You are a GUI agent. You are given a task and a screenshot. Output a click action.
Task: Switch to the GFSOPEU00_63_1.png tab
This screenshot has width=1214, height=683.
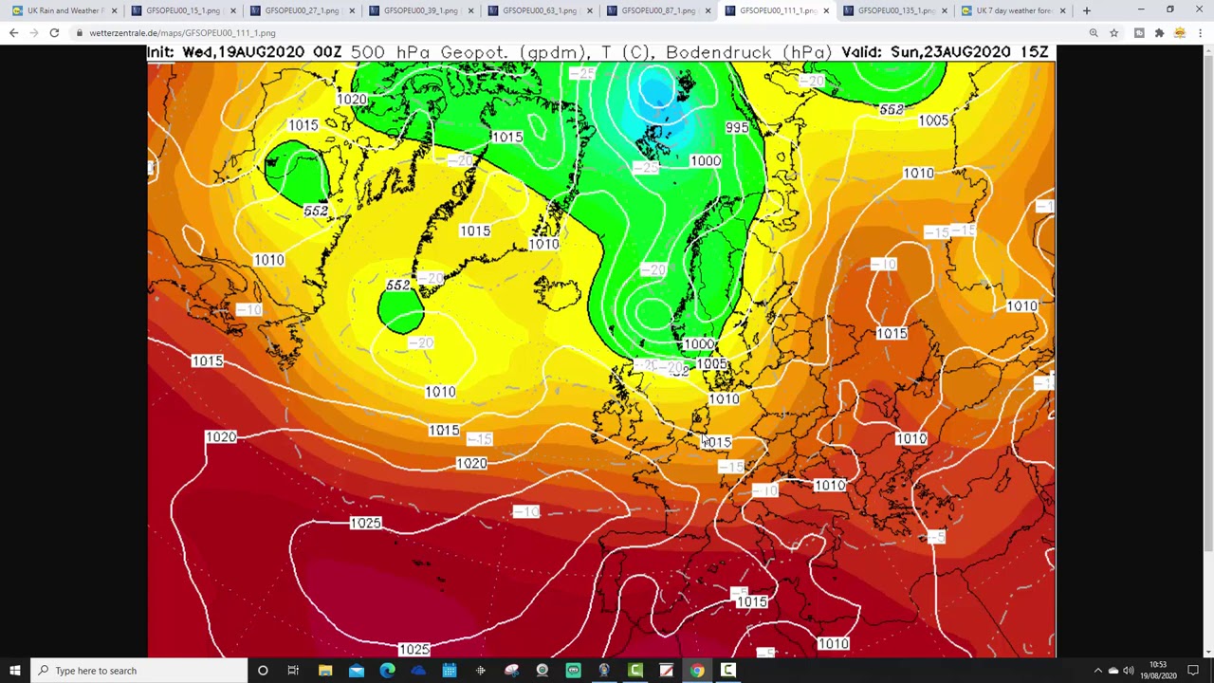[x=539, y=10]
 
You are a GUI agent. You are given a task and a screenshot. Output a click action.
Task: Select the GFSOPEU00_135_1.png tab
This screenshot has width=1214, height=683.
[x=895, y=10]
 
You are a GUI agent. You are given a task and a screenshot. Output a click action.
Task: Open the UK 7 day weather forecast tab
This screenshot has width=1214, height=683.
[x=1013, y=10]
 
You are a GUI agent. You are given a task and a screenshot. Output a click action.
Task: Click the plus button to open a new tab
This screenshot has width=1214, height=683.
[x=1086, y=10]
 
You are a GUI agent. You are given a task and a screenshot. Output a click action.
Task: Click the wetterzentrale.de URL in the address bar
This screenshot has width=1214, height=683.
[x=182, y=33]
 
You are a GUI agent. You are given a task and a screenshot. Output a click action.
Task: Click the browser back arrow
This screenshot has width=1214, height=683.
[x=13, y=33]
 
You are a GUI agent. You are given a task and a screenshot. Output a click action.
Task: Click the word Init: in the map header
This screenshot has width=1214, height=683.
[x=162, y=52]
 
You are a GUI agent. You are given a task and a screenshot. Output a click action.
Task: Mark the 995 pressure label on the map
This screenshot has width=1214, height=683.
[x=737, y=128]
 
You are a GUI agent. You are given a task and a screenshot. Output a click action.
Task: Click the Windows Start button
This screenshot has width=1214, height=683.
[x=15, y=671]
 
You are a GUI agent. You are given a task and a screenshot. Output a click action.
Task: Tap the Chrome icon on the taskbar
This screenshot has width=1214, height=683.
[x=697, y=671]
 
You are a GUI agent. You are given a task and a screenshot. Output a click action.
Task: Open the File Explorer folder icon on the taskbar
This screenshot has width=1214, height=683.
[x=325, y=671]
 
